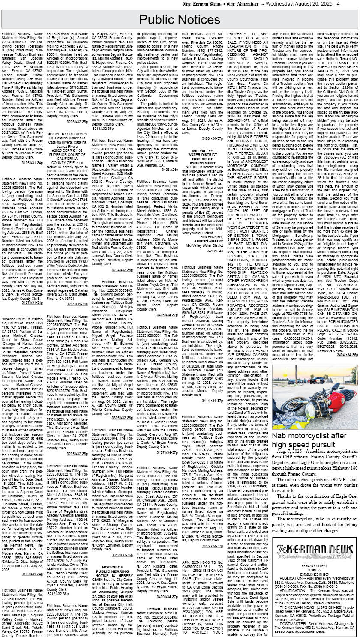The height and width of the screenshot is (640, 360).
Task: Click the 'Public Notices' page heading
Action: [180, 20]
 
